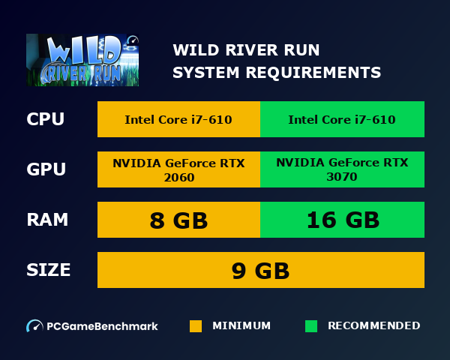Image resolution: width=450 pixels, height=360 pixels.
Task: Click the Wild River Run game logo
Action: (82, 60)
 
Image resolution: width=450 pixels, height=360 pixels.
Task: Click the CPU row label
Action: (45, 119)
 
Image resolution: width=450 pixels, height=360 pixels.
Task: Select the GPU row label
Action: (46, 169)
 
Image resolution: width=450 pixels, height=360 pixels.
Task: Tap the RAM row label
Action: (47, 220)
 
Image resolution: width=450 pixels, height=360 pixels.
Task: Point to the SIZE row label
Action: (48, 269)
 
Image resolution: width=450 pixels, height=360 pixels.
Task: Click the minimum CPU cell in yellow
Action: (178, 119)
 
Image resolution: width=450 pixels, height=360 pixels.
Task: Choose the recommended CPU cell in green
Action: (342, 119)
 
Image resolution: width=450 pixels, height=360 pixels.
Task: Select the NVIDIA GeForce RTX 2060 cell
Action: (178, 169)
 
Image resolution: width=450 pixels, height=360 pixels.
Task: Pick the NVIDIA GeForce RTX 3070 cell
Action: (342, 169)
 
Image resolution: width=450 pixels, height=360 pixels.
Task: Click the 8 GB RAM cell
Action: (178, 220)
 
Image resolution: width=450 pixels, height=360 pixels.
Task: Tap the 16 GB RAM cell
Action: (342, 220)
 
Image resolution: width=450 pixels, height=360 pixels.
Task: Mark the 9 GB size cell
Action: (260, 270)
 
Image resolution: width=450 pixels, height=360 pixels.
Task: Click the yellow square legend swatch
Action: (196, 326)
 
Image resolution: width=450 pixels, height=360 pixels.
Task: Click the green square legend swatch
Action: (311, 326)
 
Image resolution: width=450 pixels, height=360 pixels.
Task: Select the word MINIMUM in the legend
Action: (241, 325)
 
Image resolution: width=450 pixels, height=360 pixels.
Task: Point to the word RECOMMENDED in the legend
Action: (373, 325)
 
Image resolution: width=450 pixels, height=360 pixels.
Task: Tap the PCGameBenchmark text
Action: (102, 326)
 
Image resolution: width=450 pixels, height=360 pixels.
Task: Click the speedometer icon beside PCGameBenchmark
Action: (34, 326)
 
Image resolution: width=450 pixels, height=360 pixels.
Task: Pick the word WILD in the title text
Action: (192, 50)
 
